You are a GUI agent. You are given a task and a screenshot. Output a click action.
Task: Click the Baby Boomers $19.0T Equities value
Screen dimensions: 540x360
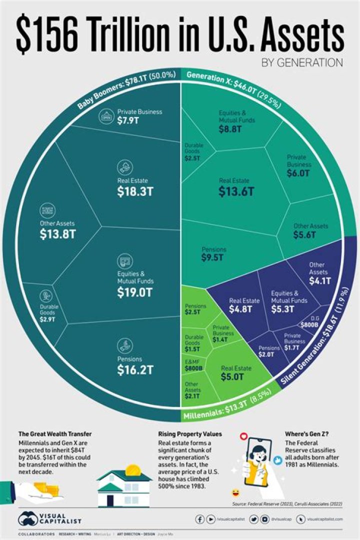(x=135, y=292)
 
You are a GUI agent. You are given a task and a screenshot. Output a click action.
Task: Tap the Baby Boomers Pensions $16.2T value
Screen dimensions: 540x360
(x=135, y=370)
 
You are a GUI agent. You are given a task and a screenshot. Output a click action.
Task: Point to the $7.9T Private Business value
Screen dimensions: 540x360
(x=128, y=121)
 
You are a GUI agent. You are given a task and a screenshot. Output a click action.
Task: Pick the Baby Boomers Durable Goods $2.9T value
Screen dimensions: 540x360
(x=49, y=318)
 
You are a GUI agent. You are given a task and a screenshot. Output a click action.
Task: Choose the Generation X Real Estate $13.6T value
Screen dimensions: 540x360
(x=236, y=191)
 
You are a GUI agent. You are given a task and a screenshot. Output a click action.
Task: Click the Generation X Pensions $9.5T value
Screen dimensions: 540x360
(x=214, y=258)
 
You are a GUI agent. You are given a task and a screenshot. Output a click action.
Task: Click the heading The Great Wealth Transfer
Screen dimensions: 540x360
(x=55, y=433)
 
